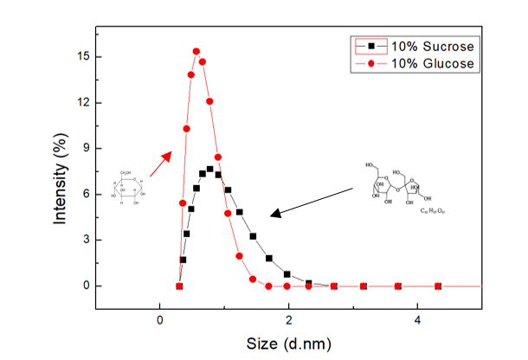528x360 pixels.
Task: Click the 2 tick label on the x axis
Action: tap(289, 318)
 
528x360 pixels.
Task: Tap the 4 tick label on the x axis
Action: tap(418, 318)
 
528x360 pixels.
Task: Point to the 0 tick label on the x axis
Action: tap(160, 318)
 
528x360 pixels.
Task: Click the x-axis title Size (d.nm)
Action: tap(289, 343)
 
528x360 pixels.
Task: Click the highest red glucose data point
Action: tap(196, 52)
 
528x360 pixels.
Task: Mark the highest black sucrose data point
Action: tap(209, 169)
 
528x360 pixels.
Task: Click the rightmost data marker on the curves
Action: tap(438, 286)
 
